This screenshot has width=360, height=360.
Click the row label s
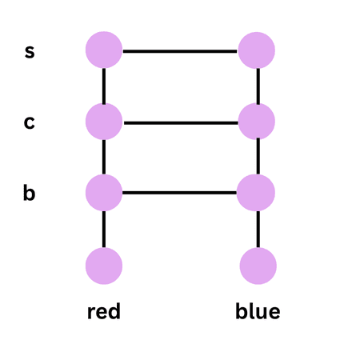pyautogui.click(x=30, y=52)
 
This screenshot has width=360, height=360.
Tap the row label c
pyautogui.click(x=30, y=123)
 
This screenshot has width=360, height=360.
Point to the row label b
pyautogui.click(x=30, y=194)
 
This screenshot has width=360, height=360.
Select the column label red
pyautogui.click(x=103, y=311)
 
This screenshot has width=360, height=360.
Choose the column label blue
pyautogui.click(x=258, y=311)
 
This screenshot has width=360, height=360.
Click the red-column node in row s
pyautogui.click(x=104, y=50)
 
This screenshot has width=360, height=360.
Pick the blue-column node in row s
pyautogui.click(x=257, y=50)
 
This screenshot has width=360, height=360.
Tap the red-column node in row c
pyautogui.click(x=104, y=122)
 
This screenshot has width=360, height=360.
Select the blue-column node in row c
pyautogui.click(x=257, y=122)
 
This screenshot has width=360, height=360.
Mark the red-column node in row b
pyautogui.click(x=104, y=193)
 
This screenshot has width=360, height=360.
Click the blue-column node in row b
pyautogui.click(x=257, y=193)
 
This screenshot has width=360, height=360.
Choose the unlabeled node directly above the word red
pyautogui.click(x=104, y=266)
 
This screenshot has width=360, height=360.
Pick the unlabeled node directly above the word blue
pyautogui.click(x=257, y=266)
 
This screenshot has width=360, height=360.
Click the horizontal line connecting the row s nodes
pyautogui.click(x=180, y=51)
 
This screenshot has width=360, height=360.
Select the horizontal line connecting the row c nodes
pyautogui.click(x=180, y=122)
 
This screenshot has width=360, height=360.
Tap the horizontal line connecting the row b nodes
pyautogui.click(x=180, y=193)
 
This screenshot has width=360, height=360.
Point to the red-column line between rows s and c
pyautogui.click(x=104, y=86)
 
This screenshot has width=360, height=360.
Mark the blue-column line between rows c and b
pyautogui.click(x=257, y=158)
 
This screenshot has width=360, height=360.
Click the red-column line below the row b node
pyautogui.click(x=104, y=229)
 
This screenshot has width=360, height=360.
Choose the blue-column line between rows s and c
pyautogui.click(x=257, y=86)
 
